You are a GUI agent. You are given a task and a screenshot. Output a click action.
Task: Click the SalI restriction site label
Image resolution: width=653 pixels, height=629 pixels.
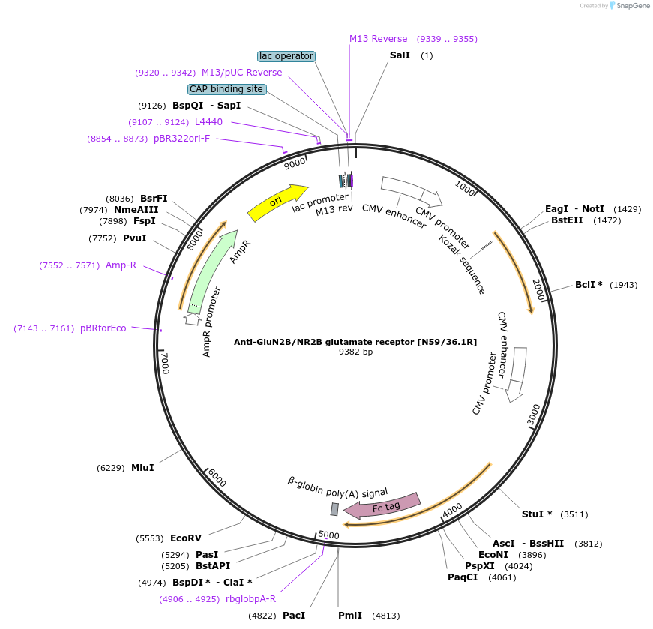click(400, 55)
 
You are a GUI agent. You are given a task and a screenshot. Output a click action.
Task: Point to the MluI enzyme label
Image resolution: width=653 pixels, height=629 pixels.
click(142, 467)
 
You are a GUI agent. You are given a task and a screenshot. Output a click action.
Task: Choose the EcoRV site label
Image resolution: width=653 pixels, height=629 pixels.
click(185, 538)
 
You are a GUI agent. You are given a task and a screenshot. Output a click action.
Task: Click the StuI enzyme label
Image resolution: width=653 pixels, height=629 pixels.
click(537, 514)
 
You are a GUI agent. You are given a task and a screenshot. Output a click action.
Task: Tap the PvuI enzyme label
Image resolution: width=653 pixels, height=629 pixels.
click(134, 238)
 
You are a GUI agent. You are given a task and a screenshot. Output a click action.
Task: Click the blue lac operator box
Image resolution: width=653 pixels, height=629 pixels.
click(286, 56)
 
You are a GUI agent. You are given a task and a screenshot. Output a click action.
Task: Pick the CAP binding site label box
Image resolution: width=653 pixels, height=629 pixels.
click(226, 89)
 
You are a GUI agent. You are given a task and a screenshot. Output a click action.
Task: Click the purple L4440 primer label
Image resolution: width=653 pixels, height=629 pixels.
click(208, 121)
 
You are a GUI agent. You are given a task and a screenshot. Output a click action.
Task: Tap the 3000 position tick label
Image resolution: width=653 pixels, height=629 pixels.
click(534, 415)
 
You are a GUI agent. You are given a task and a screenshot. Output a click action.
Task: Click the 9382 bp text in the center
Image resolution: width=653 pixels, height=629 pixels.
click(355, 352)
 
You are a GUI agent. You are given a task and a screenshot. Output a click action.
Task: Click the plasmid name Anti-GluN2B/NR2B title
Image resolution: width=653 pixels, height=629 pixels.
click(355, 341)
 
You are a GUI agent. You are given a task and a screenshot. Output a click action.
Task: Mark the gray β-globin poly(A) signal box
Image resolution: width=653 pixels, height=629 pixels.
click(334, 509)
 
